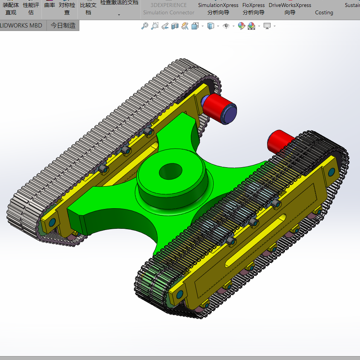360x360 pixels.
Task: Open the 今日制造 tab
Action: point(63,26)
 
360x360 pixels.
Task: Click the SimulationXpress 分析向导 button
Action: point(218,9)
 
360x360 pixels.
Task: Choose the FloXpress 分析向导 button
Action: point(254,9)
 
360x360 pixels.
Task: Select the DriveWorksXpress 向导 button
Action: point(290,9)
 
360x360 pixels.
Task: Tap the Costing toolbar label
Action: point(324,12)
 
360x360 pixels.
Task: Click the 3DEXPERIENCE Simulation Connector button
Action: point(169,9)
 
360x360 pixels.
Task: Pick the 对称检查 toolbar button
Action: point(67,9)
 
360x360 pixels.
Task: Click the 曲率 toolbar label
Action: point(50,5)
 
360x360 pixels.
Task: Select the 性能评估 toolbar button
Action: point(31,9)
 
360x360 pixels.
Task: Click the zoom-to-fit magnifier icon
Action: point(145,26)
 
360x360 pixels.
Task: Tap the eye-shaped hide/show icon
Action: point(226,26)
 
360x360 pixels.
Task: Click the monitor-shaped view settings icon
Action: point(267,26)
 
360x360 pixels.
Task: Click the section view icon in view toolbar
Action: point(175,26)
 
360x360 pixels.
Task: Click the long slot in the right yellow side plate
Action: point(256,240)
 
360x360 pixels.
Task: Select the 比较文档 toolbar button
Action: point(88,9)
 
